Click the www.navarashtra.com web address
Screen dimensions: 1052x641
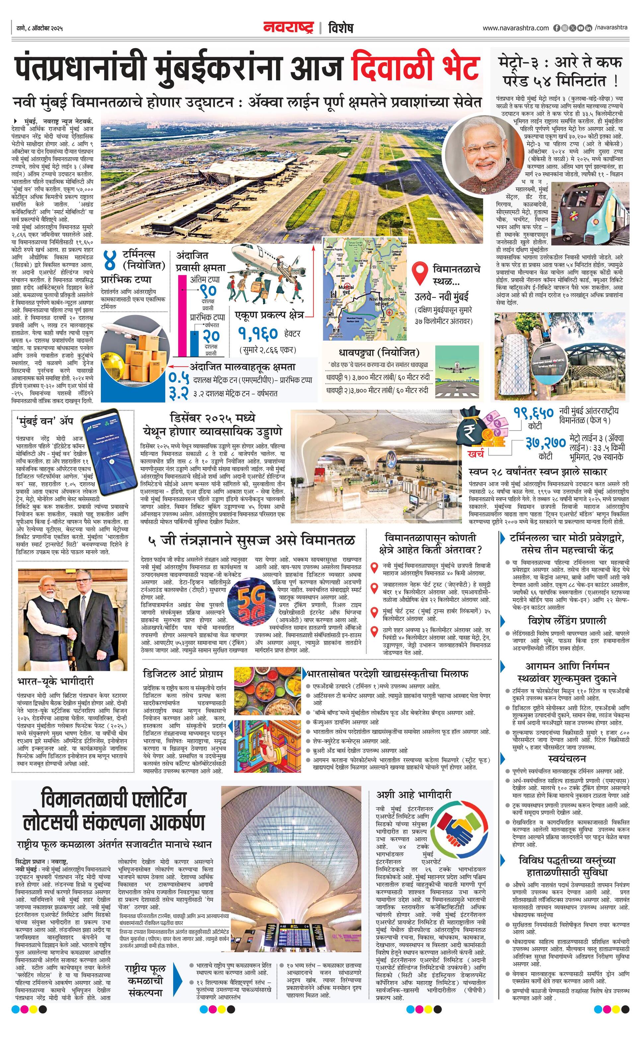[516, 28]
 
